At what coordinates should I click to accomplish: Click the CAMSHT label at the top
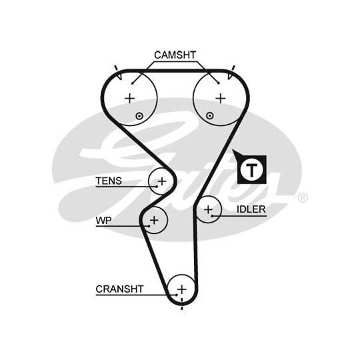pyautogui.click(x=175, y=55)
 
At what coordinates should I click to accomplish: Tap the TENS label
pyautogui.click(x=109, y=181)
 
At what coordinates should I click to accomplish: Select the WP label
pyautogui.click(x=103, y=221)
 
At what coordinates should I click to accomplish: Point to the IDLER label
pyautogui.click(x=251, y=209)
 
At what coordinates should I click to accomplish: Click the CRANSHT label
pyautogui.click(x=119, y=289)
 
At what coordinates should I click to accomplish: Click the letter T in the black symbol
pyautogui.click(x=251, y=170)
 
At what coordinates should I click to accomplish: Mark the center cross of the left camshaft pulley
pyautogui.click(x=130, y=99)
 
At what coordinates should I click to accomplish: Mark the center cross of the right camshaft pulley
pyautogui.click(x=221, y=99)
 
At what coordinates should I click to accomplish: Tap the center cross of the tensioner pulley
pyautogui.click(x=162, y=181)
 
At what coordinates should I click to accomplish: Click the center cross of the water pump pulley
pyautogui.click(x=154, y=220)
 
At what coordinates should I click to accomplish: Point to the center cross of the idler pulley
pyautogui.click(x=208, y=209)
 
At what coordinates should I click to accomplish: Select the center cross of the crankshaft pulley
pyautogui.click(x=182, y=289)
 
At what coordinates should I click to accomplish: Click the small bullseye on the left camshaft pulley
pyautogui.click(x=139, y=116)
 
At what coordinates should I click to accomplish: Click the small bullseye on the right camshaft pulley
pyautogui.click(x=209, y=115)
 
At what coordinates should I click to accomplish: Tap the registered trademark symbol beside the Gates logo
pyautogui.click(x=303, y=198)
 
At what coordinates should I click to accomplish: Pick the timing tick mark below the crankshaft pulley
pyautogui.click(x=182, y=307)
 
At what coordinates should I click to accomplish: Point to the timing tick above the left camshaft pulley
pyautogui.click(x=116, y=68)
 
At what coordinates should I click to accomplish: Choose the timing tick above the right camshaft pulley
pyautogui.click(x=233, y=68)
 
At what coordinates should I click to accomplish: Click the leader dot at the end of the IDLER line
pyautogui.click(x=213, y=216)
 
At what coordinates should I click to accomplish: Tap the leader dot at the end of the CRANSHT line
pyautogui.click(x=176, y=295)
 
